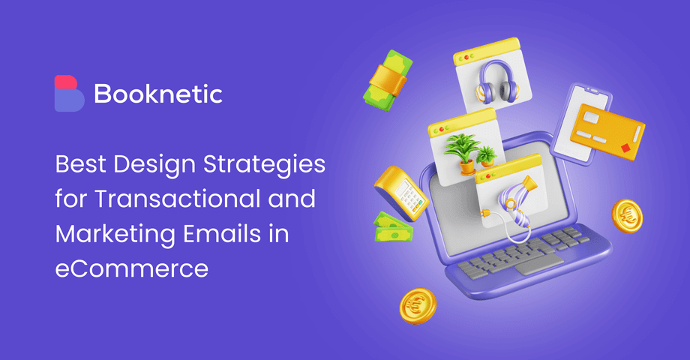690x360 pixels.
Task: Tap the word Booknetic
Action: (x=158, y=94)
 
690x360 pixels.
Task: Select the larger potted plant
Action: (x=461, y=151)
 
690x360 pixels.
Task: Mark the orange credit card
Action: (x=607, y=134)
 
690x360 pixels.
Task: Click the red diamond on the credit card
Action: (x=627, y=148)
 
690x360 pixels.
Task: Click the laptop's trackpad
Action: (x=533, y=263)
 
